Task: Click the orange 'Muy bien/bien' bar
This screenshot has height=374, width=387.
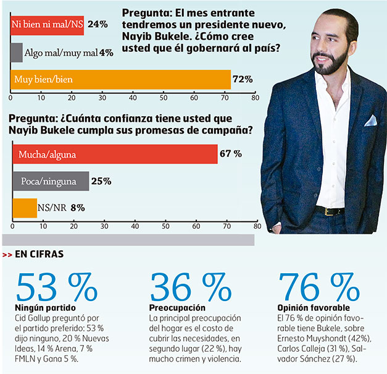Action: point(120,79)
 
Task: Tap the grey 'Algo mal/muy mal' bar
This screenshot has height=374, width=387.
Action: point(17,52)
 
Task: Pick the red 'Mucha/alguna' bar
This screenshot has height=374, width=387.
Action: point(114,154)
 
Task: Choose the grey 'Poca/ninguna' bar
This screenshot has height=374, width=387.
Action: point(50,181)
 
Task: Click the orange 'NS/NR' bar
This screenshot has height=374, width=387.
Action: point(24,208)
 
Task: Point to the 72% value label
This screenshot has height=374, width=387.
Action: point(243,79)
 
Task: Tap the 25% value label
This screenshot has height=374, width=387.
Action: point(101,181)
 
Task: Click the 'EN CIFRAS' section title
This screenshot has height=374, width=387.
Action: point(41,253)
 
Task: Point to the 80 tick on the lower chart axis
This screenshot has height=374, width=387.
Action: point(257,226)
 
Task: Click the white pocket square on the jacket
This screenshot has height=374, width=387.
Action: point(370,121)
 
